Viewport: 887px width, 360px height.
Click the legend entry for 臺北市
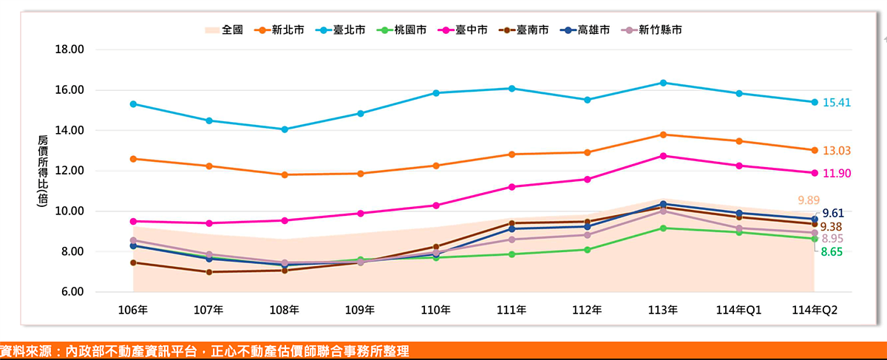[x=341, y=30]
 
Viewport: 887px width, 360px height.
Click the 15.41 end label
[x=836, y=103]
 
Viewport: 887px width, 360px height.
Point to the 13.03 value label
[x=836, y=151]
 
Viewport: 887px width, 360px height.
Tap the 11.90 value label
[x=836, y=173]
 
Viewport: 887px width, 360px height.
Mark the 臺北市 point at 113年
[x=663, y=83]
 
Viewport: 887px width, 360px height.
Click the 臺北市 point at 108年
[x=285, y=129]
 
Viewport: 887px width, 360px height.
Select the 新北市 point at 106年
[x=133, y=159]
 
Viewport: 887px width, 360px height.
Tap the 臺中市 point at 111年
[x=512, y=187]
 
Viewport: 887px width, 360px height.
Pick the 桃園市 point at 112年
[x=587, y=250]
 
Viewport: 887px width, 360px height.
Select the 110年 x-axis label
[x=435, y=310]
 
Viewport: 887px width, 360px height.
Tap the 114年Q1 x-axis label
[x=738, y=310]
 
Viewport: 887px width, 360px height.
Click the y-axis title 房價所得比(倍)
[x=43, y=171]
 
